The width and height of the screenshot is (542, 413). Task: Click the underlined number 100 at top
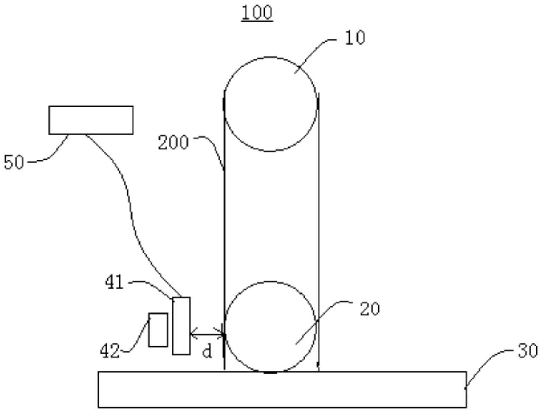257,13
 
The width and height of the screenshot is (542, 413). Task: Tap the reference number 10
355,38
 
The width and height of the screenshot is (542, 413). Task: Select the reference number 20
370,309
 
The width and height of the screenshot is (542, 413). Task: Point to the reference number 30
528,351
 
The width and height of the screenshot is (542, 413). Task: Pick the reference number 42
110,351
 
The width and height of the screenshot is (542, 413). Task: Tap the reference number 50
14,162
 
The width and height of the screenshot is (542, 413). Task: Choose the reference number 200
173,143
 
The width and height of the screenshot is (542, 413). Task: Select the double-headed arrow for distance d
207,334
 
